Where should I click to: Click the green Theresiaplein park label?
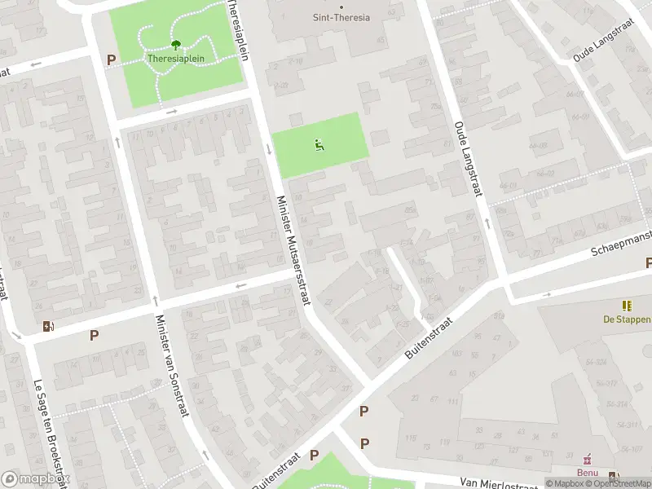[176, 59]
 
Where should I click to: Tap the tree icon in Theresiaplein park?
[176, 46]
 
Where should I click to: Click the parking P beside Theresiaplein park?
[111, 59]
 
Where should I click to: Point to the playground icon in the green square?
[319, 145]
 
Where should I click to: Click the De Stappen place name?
[627, 319]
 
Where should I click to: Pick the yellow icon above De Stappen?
[627, 306]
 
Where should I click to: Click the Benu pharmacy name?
[588, 473]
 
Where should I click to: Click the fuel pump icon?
[48, 327]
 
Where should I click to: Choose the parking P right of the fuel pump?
[95, 335]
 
